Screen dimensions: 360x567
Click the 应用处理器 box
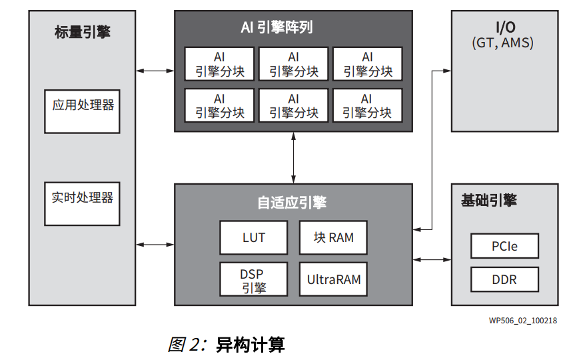click(82, 111)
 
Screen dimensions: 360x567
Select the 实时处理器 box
click(82, 203)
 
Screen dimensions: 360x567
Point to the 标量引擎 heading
click(82, 32)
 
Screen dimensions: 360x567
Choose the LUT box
click(254, 237)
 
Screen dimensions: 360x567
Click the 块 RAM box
click(333, 237)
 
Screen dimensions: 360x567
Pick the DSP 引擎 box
click(254, 279)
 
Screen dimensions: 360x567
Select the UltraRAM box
click(333, 279)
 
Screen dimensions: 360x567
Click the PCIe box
click(504, 246)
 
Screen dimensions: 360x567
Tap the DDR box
click(504, 279)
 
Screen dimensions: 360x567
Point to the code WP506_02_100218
click(522, 321)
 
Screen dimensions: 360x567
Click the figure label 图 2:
click(189, 345)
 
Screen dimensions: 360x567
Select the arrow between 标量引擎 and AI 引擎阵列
click(155, 71)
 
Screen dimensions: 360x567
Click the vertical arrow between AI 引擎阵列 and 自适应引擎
click(293, 157)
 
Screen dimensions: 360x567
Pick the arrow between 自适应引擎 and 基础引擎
click(432, 259)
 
